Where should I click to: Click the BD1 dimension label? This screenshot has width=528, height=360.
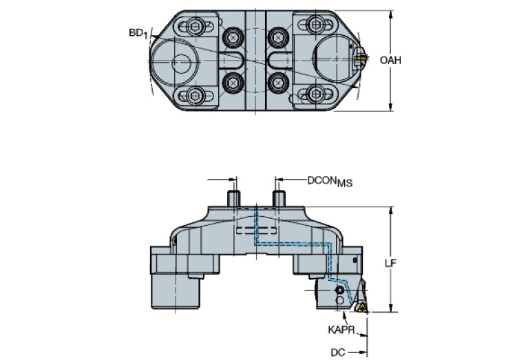pos(139,33)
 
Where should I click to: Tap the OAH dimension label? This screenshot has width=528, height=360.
pos(390,60)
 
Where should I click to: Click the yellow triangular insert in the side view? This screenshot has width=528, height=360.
pos(360,307)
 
